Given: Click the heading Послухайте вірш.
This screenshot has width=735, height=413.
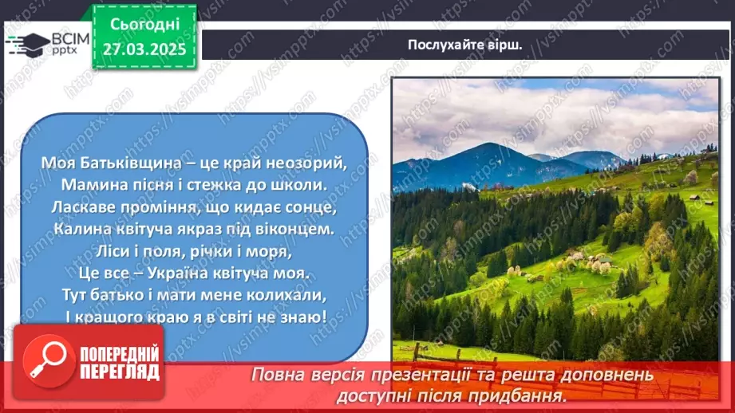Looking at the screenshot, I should tap(464, 45).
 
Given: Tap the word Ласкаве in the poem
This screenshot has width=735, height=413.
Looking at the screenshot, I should tap(84, 206).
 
